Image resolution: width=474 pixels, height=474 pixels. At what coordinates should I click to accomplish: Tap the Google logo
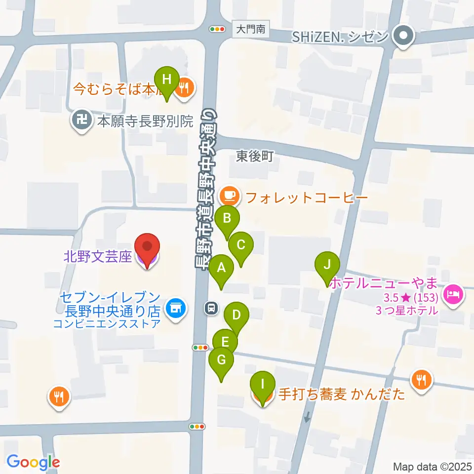tap(33, 462)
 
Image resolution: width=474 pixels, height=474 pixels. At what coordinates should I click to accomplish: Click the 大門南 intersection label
tap(250, 30)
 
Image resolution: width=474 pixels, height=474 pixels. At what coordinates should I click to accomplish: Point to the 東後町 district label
tap(254, 157)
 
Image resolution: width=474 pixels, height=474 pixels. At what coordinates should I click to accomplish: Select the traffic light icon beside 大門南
tap(217, 30)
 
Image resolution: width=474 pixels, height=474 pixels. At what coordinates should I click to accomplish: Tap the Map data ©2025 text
tap(431, 466)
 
